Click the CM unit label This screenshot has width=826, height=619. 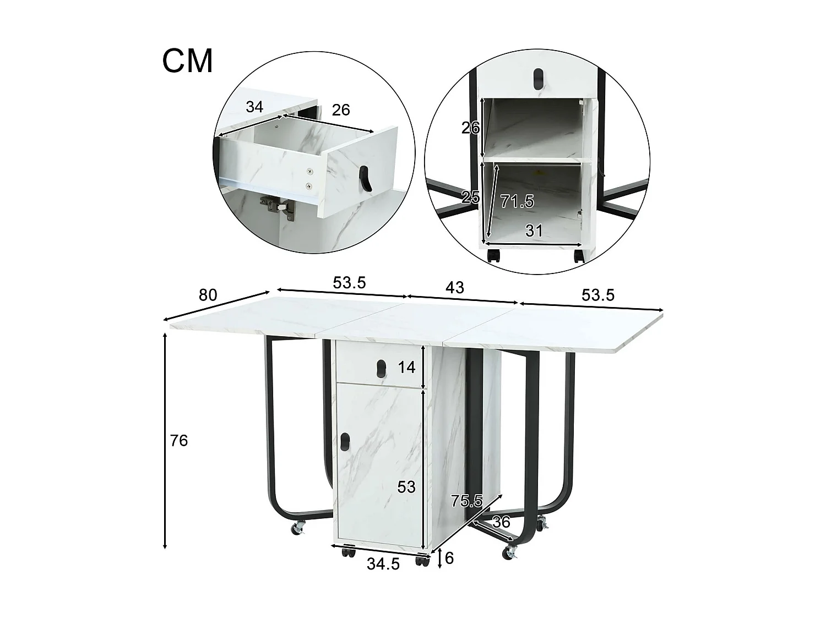tap(187, 61)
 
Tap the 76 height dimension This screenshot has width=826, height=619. tap(179, 441)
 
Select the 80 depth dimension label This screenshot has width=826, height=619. tap(208, 295)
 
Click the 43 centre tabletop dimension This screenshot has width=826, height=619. tap(455, 287)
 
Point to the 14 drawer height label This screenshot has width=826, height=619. tap(406, 367)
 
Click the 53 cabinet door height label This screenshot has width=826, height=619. tap(406, 487)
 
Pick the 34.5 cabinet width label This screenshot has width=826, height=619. tap(383, 564)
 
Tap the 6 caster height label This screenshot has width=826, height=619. tap(449, 558)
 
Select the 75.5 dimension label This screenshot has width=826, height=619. tap(466, 501)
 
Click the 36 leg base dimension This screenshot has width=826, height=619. tap(501, 522)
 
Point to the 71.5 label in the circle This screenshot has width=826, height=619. tap(517, 201)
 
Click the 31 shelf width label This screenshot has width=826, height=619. tap(534, 230)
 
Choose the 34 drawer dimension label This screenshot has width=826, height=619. tap(254, 107)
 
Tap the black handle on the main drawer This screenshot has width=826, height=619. tap(380, 366)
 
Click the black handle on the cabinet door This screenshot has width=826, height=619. tap(345, 441)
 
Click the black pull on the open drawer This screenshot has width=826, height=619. tap(365, 179)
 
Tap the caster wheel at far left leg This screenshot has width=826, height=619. tap(298, 529)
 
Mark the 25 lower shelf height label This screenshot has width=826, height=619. tap(470, 197)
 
